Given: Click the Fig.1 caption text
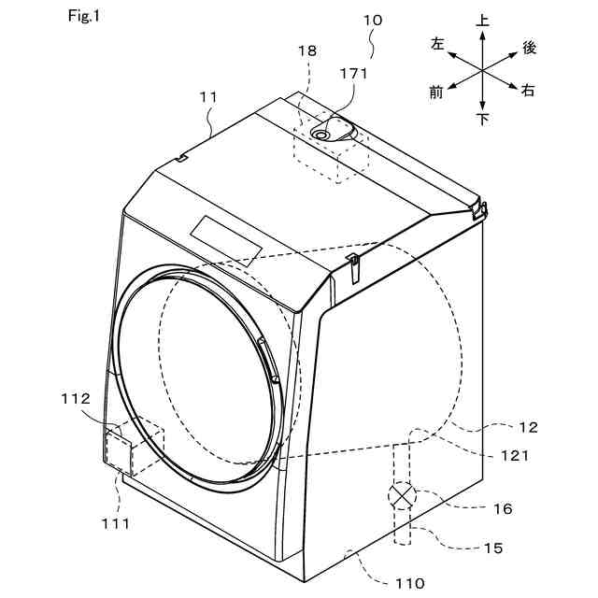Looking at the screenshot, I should point(82,17).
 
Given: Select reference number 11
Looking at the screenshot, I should point(208,96).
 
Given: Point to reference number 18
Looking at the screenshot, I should point(306,53).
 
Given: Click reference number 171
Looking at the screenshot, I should point(352,73).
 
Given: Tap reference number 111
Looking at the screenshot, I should point(117,523).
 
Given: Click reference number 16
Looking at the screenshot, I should point(503,509).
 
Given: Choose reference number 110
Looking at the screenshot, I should point(408,583).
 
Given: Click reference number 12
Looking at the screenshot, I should point(529,427).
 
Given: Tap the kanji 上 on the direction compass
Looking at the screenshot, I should point(482,19).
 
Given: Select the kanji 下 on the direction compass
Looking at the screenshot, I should point(482,120).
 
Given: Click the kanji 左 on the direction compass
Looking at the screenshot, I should point(437,44).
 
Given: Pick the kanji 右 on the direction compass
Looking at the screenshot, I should point(529,91).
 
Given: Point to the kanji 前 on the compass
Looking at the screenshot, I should point(436,91).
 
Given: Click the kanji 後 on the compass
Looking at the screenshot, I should point(529,47).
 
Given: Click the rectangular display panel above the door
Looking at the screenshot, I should point(227,236).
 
